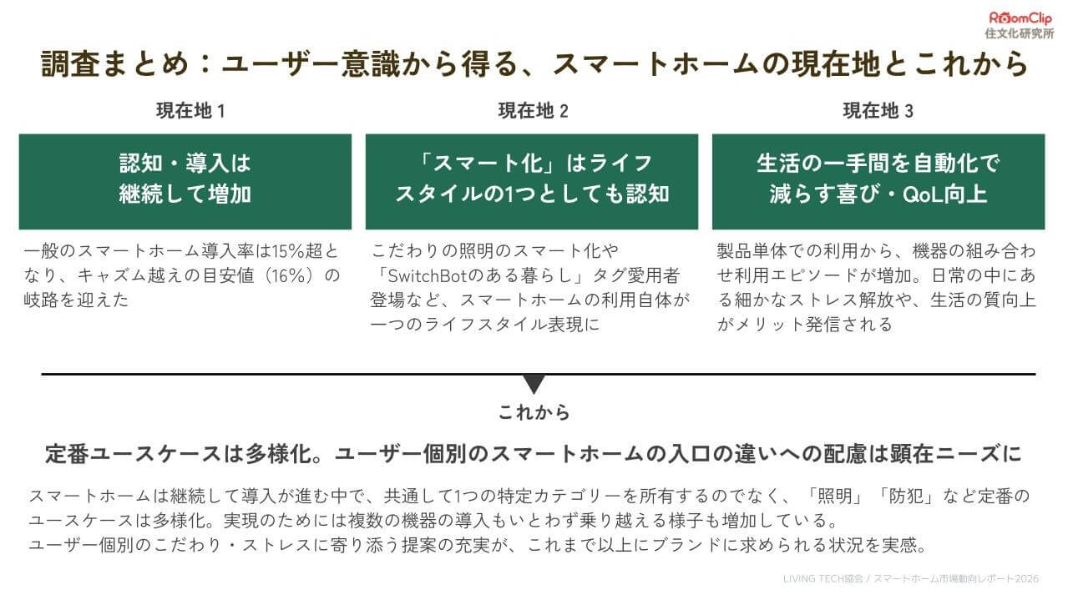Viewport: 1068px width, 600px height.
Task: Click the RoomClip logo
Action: point(1020,18)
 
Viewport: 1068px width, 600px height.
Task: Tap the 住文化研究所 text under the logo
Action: point(1020,33)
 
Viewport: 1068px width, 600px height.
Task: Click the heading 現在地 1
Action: point(190,110)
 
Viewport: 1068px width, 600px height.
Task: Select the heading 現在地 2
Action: point(533,110)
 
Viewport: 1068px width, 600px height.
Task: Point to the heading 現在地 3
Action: point(878,110)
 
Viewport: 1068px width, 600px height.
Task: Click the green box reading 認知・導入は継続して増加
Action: point(185,182)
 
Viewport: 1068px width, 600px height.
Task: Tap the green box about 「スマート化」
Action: point(532,182)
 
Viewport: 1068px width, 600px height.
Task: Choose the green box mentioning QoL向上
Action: point(878,182)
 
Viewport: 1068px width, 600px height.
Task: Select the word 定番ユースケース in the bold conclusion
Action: point(133,454)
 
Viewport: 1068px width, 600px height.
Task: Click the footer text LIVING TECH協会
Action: point(823,578)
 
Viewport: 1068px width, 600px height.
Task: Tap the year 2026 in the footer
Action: point(1026,578)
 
